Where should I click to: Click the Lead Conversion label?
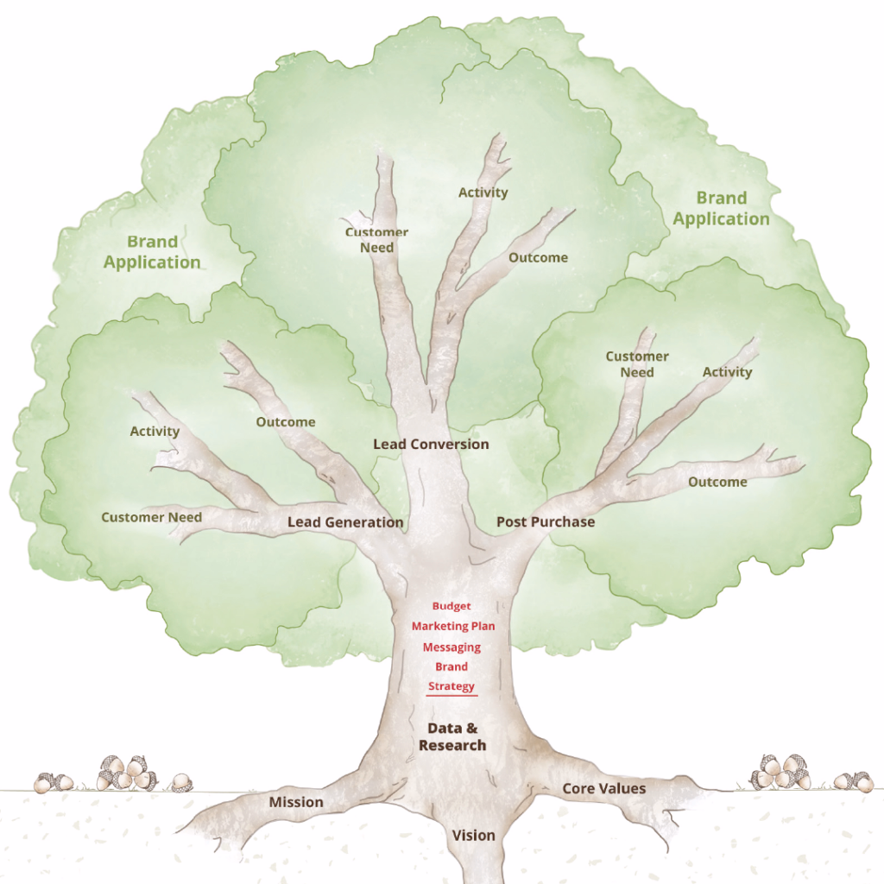click(x=431, y=444)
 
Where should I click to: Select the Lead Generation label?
click(x=345, y=521)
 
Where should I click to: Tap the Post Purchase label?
click(x=546, y=521)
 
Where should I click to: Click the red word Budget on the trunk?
click(x=451, y=606)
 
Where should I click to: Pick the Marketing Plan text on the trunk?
click(x=453, y=626)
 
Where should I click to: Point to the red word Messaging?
click(x=451, y=647)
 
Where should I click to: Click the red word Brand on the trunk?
click(x=451, y=666)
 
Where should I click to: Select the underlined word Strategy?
click(x=451, y=686)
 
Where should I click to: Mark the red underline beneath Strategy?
click(x=451, y=696)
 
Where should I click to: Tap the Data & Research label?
click(x=452, y=736)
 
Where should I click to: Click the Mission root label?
click(x=296, y=802)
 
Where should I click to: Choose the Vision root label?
click(x=474, y=835)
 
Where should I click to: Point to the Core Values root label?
click(x=604, y=788)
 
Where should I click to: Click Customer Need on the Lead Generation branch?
click(x=152, y=517)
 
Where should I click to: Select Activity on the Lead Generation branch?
click(x=155, y=431)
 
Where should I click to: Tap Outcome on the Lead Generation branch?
click(x=286, y=422)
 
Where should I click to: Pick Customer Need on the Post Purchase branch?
click(x=637, y=364)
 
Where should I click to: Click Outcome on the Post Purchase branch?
click(x=717, y=482)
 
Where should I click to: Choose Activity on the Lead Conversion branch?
click(x=483, y=193)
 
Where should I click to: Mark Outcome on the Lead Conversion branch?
click(x=538, y=257)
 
